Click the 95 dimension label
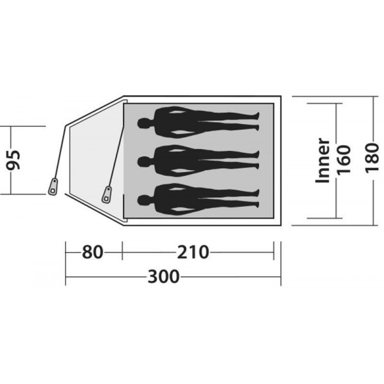tap(13, 160)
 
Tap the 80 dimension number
tap(92, 252)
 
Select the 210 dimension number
tap(193, 252)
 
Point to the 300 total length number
tap(164, 276)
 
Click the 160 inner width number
tap(344, 160)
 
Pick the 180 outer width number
tap(372, 158)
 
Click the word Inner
tap(323, 161)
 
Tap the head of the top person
tap(143, 123)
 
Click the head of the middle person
tap(143, 162)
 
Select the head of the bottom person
tap(143, 200)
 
